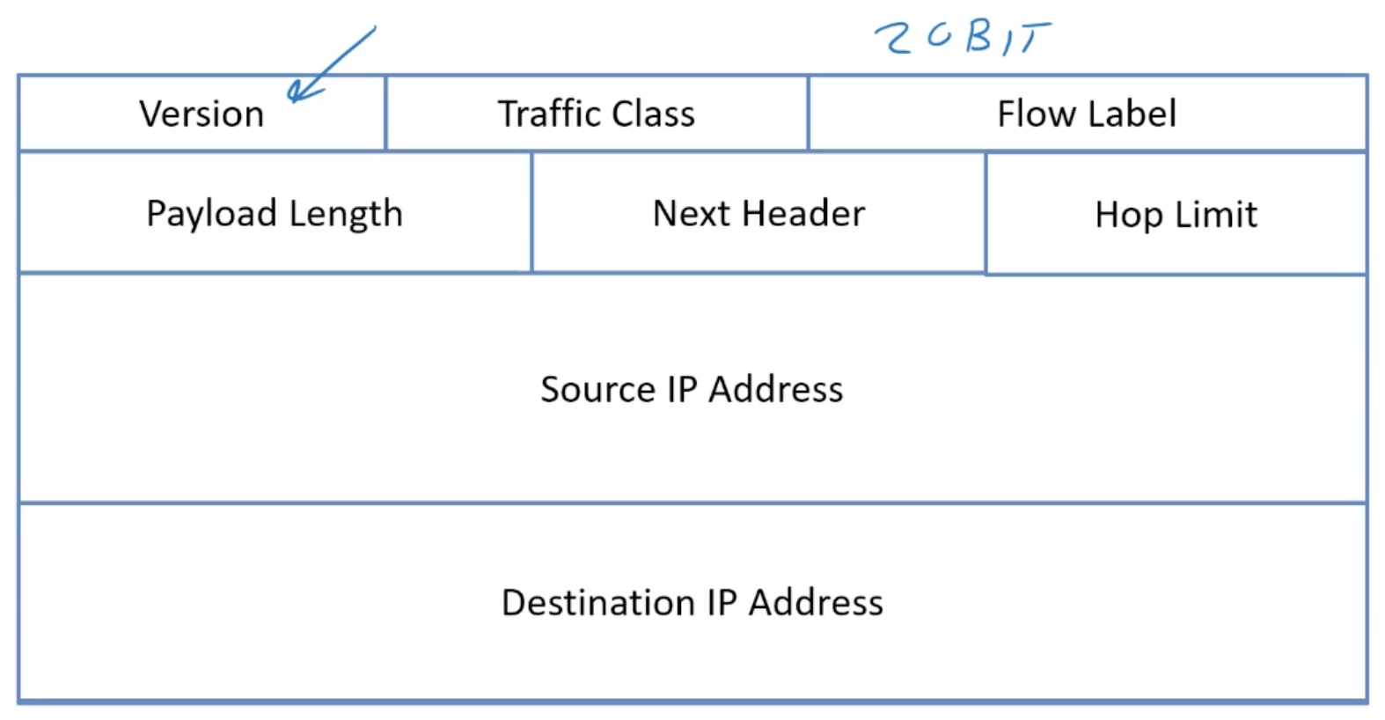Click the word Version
click(202, 114)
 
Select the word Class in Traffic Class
click(653, 114)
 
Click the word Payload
click(211, 214)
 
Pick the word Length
click(346, 214)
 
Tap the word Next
click(691, 213)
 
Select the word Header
click(802, 213)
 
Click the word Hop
click(1128, 216)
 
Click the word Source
click(597, 389)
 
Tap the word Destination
click(597, 603)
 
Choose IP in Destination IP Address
click(722, 603)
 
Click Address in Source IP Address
click(775, 389)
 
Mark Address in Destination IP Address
click(816, 603)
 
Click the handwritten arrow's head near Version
click(297, 91)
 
